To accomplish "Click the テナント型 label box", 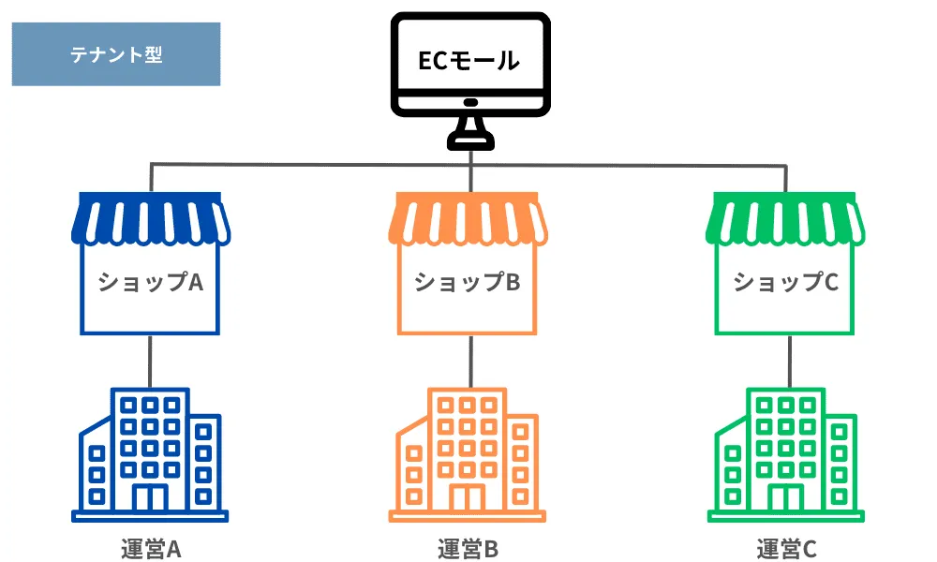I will [x=116, y=55].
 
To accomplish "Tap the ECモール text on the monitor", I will [x=468, y=62].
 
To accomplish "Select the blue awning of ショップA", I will [x=151, y=218].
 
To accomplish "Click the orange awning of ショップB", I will [x=468, y=218].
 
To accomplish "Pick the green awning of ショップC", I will [x=785, y=218].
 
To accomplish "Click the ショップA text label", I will [x=151, y=282].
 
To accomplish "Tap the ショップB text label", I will [x=468, y=282].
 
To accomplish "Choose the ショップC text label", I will [x=785, y=282].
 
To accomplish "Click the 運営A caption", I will [x=150, y=549].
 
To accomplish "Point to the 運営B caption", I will [x=468, y=549].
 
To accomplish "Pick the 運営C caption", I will [x=786, y=549].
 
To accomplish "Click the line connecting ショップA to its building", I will [x=151, y=360].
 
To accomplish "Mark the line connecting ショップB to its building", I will [x=470, y=360].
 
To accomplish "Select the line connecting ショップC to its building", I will [x=788, y=360].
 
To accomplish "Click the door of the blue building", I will [x=150, y=496].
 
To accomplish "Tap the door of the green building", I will [x=784, y=496].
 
